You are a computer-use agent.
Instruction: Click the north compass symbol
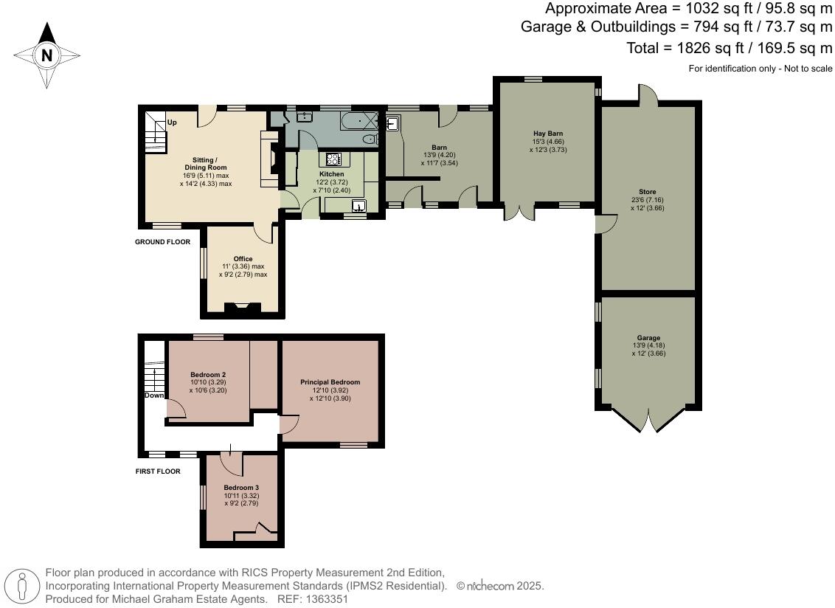pyautogui.click(x=46, y=55)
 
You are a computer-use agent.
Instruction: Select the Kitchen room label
pyautogui.click(x=331, y=174)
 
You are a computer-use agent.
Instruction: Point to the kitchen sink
pyautogui.click(x=359, y=206)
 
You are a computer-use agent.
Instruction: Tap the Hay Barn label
pyautogui.click(x=548, y=133)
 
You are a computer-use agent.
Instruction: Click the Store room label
pyautogui.click(x=647, y=192)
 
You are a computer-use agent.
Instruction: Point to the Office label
pyautogui.click(x=243, y=258)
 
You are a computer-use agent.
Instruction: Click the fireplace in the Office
pyautogui.click(x=242, y=308)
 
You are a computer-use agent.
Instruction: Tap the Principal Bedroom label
pyautogui.click(x=330, y=382)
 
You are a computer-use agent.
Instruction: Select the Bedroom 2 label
pyautogui.click(x=207, y=374)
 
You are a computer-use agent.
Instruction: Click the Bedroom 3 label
pyautogui.click(x=241, y=488)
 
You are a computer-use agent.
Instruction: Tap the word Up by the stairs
pyautogui.click(x=172, y=122)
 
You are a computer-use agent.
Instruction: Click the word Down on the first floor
pyautogui.click(x=154, y=395)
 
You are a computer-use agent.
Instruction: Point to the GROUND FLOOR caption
pyautogui.click(x=162, y=242)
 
